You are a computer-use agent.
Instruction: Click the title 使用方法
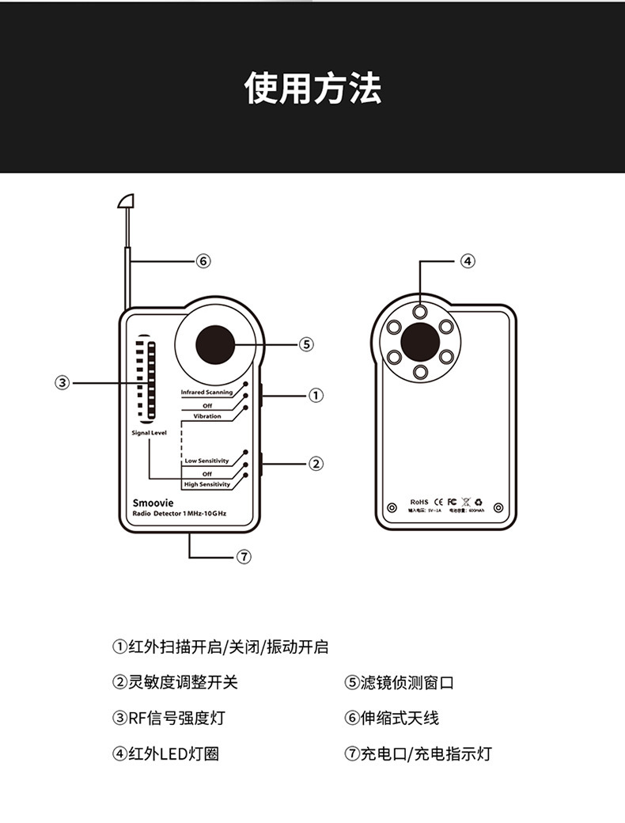click(x=312, y=87)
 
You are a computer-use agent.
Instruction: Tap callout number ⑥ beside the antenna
click(x=203, y=260)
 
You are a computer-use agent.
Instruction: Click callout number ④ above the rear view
click(x=468, y=260)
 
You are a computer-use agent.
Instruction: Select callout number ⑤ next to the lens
click(x=307, y=343)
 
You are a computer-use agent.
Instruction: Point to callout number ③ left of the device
click(x=62, y=383)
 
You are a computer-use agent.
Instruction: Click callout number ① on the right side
click(x=316, y=395)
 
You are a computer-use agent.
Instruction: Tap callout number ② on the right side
click(x=316, y=463)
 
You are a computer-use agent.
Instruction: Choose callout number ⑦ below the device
click(x=244, y=557)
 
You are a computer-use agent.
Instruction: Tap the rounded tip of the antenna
click(x=126, y=200)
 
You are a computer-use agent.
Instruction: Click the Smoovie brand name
click(x=153, y=503)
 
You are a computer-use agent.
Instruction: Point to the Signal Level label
click(x=149, y=433)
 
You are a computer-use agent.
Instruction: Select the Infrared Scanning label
click(x=206, y=393)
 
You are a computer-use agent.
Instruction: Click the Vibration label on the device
click(x=207, y=416)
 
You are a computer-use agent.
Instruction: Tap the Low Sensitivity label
click(x=206, y=461)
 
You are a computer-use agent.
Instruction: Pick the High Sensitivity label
click(x=206, y=484)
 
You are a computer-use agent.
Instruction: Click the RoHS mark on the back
click(x=419, y=502)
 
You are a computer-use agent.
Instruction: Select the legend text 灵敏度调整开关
click(x=183, y=682)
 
